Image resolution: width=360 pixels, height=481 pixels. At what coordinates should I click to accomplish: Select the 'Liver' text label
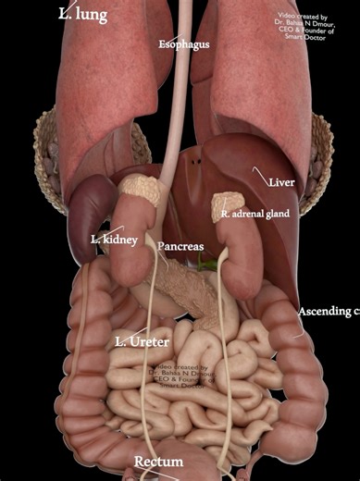282,182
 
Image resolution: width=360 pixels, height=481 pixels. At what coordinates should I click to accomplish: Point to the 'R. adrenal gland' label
255,215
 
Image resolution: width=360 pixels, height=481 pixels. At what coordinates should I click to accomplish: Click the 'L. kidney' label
114,240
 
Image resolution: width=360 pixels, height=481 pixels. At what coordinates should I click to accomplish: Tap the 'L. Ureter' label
142,342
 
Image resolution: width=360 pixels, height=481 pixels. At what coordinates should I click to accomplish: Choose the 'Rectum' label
158,462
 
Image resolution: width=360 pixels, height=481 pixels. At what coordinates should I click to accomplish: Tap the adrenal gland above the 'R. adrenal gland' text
228,202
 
